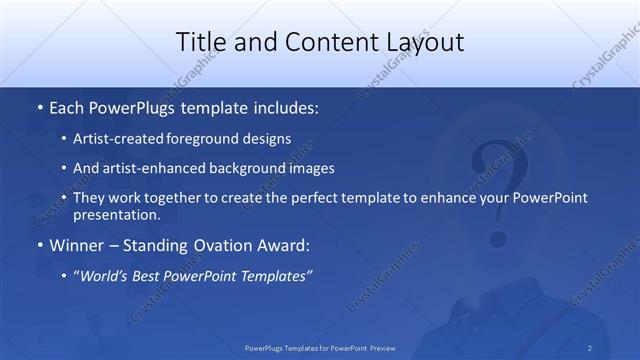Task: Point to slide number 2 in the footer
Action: pyautogui.click(x=590, y=348)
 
